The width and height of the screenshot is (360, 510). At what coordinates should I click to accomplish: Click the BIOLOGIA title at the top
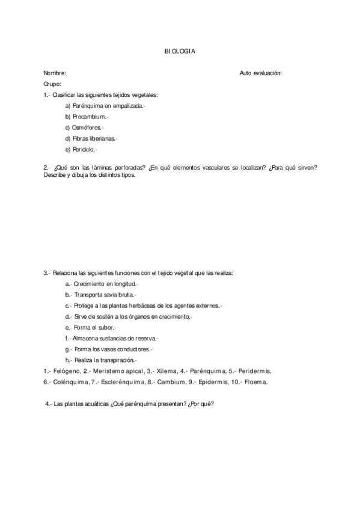click(x=180, y=52)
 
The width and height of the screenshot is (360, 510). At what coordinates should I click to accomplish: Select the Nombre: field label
click(x=55, y=73)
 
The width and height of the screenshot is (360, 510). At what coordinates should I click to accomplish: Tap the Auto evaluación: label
click(x=260, y=73)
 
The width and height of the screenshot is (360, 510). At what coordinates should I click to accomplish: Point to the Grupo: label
click(x=52, y=84)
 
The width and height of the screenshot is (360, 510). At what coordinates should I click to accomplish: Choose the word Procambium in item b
click(x=89, y=117)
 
